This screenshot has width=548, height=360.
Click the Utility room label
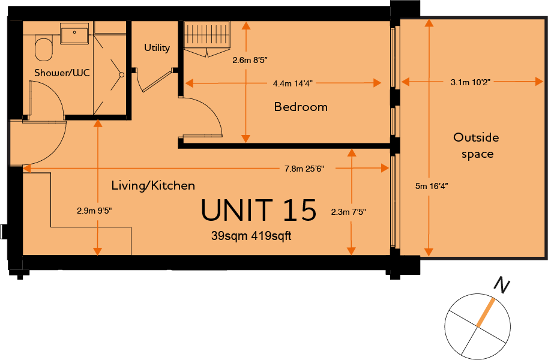157,47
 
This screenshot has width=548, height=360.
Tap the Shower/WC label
62,73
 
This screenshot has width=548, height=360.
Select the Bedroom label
301,107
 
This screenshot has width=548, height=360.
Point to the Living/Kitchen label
153,185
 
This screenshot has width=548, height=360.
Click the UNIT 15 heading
259,210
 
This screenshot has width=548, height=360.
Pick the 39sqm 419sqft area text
251,236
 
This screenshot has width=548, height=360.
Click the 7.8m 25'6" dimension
304,169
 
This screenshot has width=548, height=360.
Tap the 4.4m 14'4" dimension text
292,83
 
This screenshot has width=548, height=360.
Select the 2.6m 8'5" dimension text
250,61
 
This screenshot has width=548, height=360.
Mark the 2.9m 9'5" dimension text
94,211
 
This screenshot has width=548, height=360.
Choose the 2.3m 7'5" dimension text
349,212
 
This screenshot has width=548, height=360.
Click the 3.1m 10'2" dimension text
471,82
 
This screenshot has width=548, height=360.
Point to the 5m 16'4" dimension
432,186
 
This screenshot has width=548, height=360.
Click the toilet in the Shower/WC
44,49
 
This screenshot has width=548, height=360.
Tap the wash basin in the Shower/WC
74,34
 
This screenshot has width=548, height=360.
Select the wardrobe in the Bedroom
207,38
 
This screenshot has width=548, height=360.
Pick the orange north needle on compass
486,312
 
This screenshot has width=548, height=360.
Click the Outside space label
477,145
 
